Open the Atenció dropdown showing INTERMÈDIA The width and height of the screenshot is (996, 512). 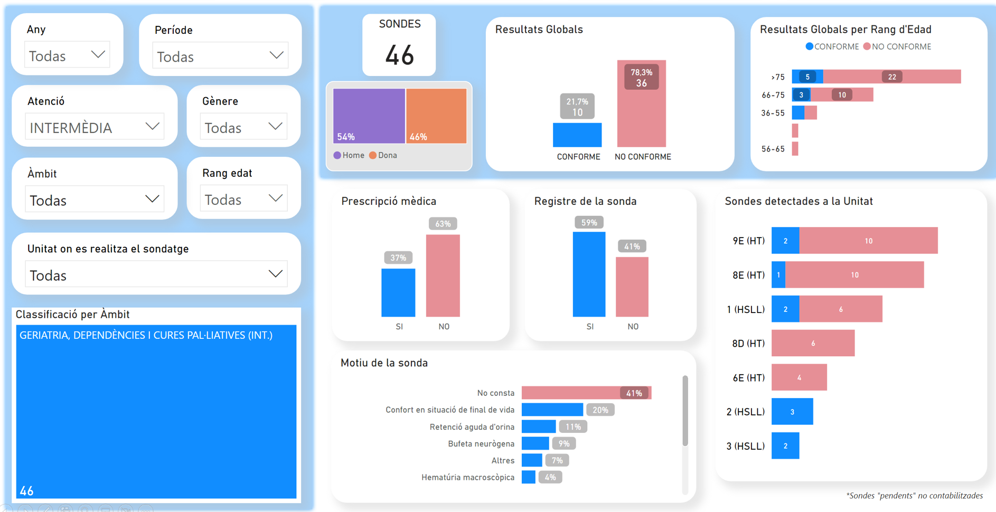(x=95, y=127)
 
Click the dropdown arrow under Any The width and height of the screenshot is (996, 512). (x=98, y=55)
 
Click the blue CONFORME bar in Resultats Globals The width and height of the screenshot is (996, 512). (x=577, y=135)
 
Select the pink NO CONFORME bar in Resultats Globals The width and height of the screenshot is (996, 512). (x=641, y=116)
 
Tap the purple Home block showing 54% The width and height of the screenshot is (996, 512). (x=369, y=115)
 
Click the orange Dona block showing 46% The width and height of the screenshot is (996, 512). (x=436, y=115)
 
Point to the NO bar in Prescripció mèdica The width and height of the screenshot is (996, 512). (x=443, y=276)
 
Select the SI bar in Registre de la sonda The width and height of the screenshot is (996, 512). (x=589, y=274)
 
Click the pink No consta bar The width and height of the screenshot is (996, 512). (x=570, y=393)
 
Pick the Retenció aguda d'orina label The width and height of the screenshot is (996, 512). (x=472, y=427)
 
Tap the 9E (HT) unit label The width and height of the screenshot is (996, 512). (x=748, y=241)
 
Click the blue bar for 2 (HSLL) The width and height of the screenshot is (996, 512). (x=792, y=412)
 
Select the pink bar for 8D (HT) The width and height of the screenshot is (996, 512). (x=813, y=343)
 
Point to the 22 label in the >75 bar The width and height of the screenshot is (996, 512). (x=892, y=77)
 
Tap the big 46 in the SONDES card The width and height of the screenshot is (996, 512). (x=399, y=55)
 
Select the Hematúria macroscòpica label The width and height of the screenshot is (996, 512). (x=467, y=478)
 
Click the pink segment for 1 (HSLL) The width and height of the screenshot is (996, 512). (x=840, y=309)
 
